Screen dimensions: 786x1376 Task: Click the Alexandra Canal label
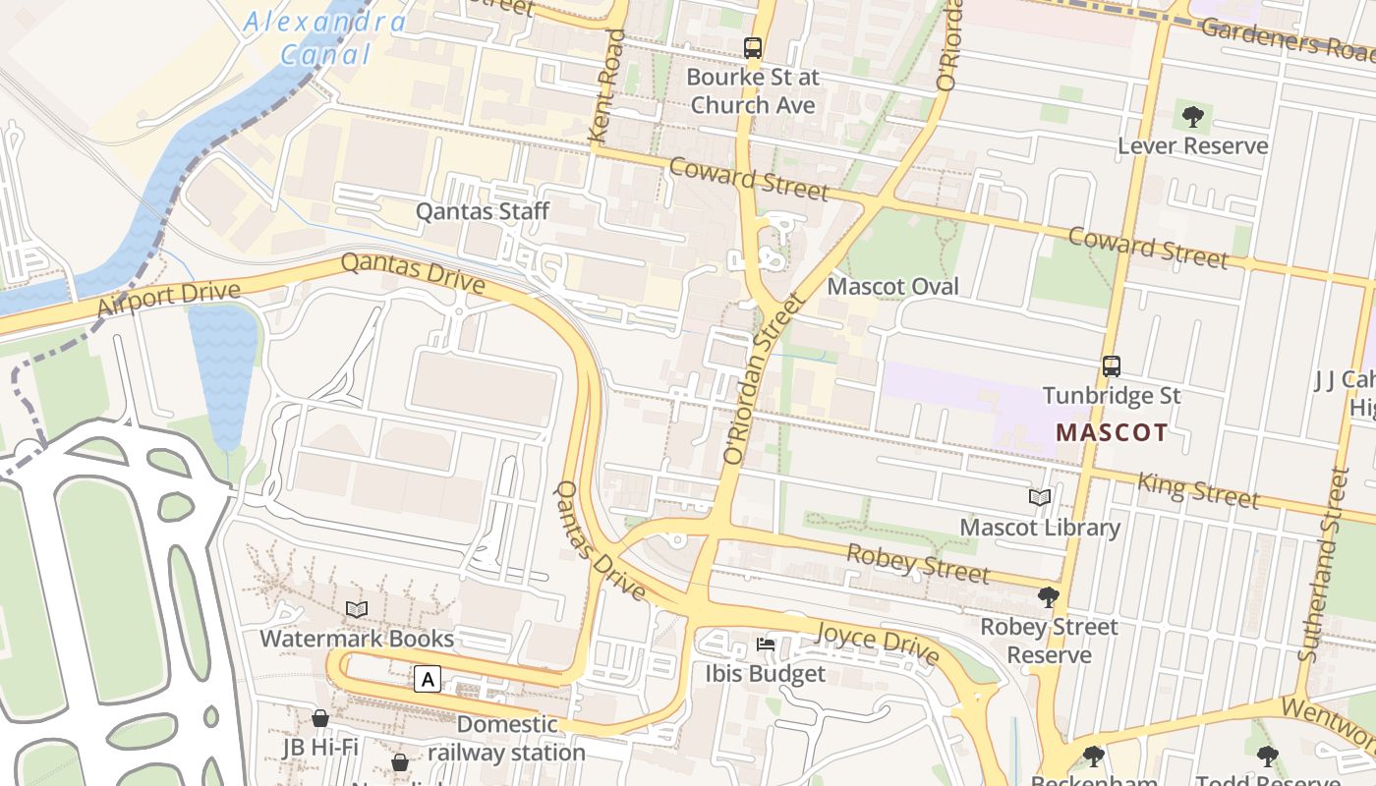tap(324, 37)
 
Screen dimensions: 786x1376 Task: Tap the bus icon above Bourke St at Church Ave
tap(753, 47)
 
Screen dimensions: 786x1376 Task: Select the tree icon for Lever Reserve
tap(1193, 117)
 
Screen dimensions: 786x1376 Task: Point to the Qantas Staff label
tap(482, 211)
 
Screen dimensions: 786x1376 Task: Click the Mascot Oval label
tap(892, 287)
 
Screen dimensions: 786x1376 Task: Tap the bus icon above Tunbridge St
tap(1112, 366)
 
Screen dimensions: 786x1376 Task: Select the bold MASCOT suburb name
tap(1112, 432)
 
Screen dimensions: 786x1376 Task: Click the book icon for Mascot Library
tap(1040, 498)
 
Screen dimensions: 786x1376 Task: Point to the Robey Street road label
tap(917, 564)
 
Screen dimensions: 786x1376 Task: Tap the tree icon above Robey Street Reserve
tap(1049, 596)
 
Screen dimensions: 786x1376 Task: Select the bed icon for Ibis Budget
tap(766, 645)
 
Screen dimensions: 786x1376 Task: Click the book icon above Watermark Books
tap(357, 609)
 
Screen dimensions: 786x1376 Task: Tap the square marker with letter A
tap(427, 679)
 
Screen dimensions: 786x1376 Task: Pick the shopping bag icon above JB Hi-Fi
tap(320, 718)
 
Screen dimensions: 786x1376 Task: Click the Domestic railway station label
tap(507, 739)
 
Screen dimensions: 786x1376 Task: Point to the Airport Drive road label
tap(169, 299)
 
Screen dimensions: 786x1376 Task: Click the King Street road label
tap(1197, 490)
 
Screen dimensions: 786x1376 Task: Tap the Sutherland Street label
tap(1323, 564)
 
